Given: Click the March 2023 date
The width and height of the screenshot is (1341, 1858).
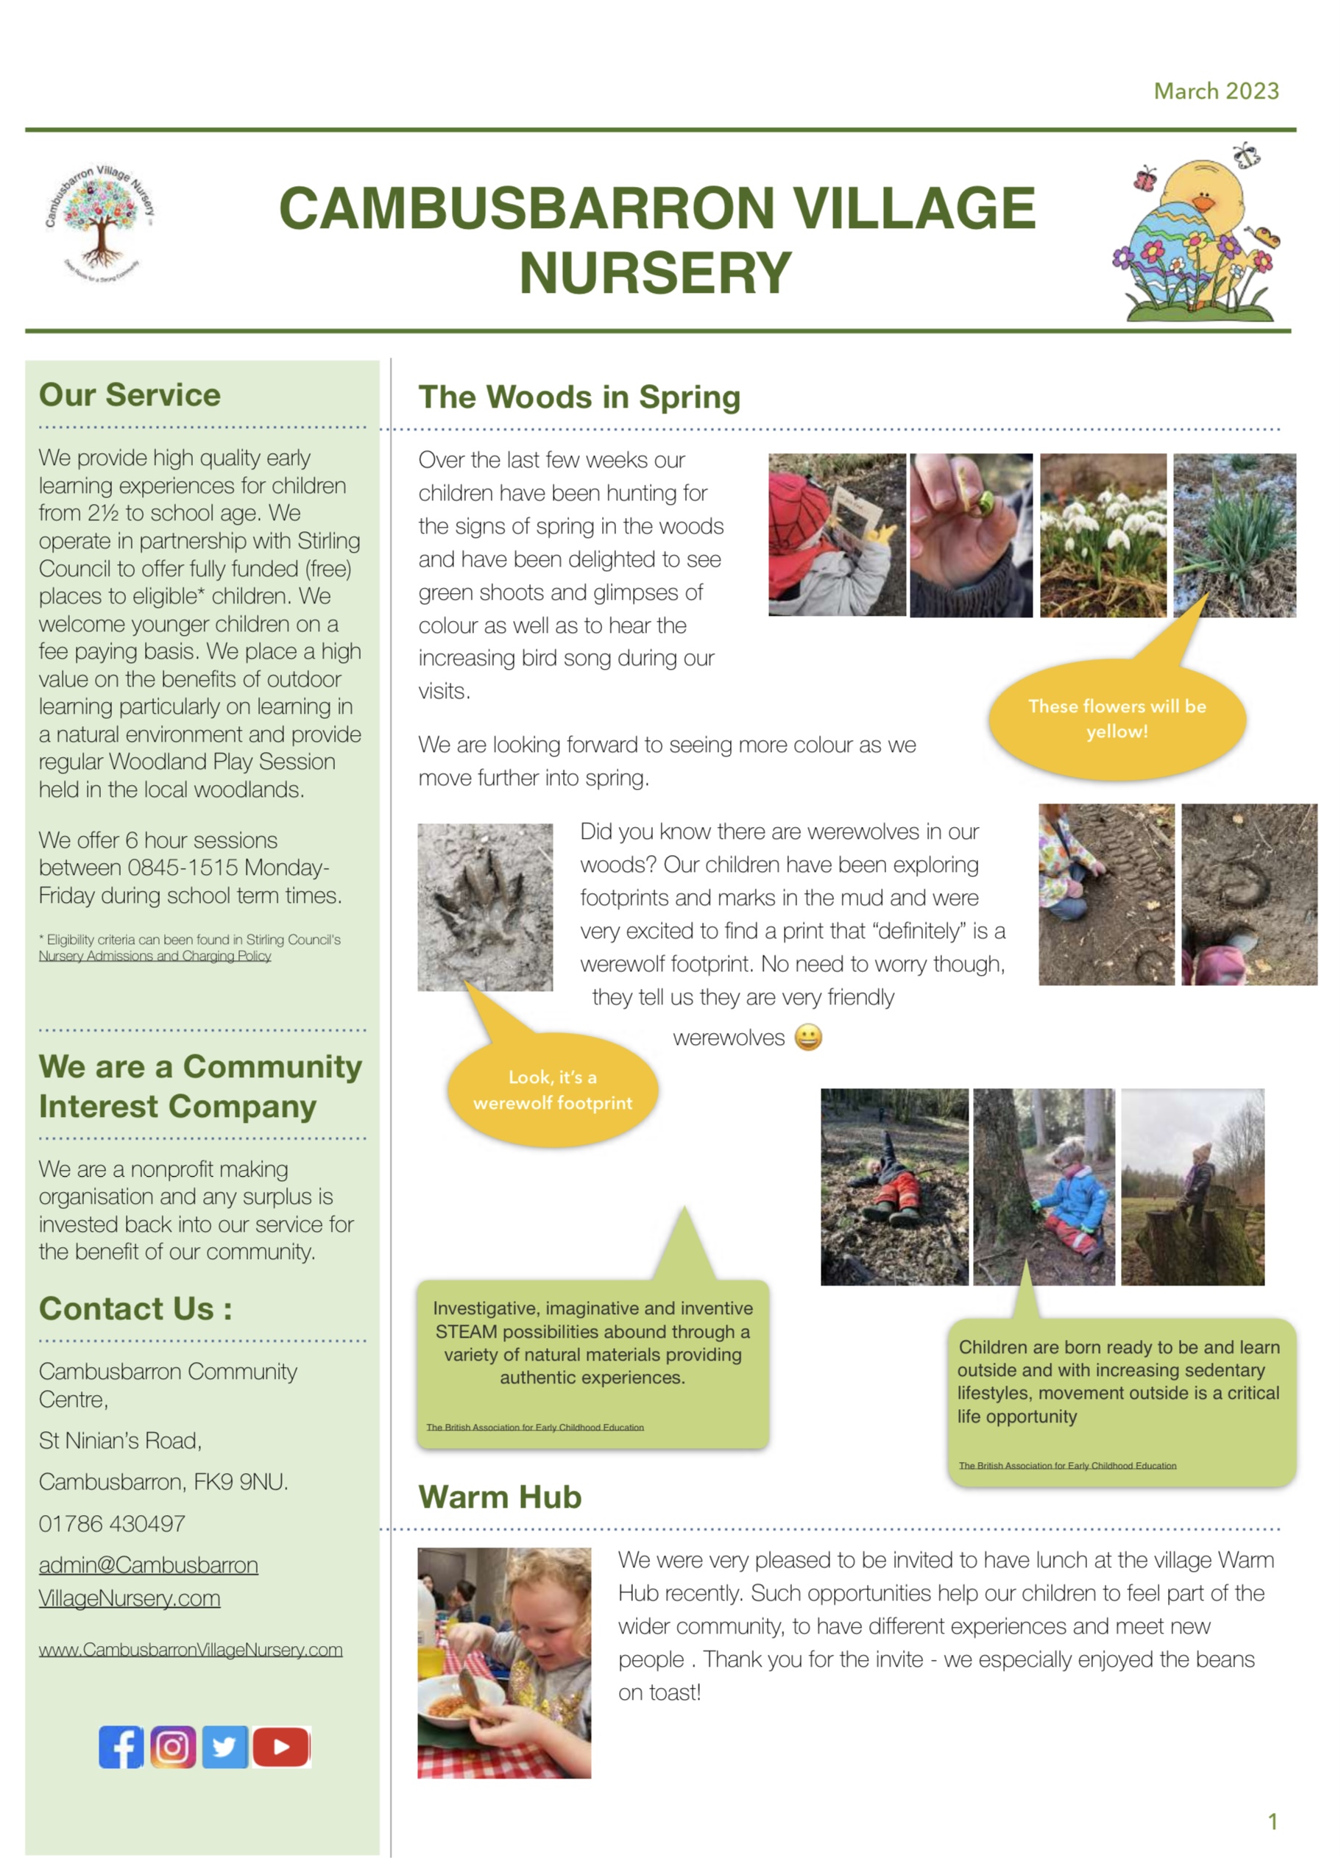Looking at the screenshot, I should pos(1216,91).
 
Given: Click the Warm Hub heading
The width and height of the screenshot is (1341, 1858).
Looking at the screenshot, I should pos(500,1497).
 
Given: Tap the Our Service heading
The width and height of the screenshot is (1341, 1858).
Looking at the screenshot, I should pos(130,395).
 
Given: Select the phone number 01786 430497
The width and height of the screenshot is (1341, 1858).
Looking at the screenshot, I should pos(112,1523).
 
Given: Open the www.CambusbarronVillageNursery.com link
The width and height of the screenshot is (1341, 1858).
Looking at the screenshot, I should pos(190,1649).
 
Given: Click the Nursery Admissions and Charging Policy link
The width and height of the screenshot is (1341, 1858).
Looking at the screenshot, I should pos(155,956).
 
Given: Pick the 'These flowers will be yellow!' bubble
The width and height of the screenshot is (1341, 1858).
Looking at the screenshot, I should pos(1117,718).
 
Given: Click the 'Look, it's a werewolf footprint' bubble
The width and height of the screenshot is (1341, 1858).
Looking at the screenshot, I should pos(553,1090).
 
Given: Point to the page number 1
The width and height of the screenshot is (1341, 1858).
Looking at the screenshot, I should pos(1273,1821).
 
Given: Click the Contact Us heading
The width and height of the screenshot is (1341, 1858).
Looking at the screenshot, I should pos(135,1308).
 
